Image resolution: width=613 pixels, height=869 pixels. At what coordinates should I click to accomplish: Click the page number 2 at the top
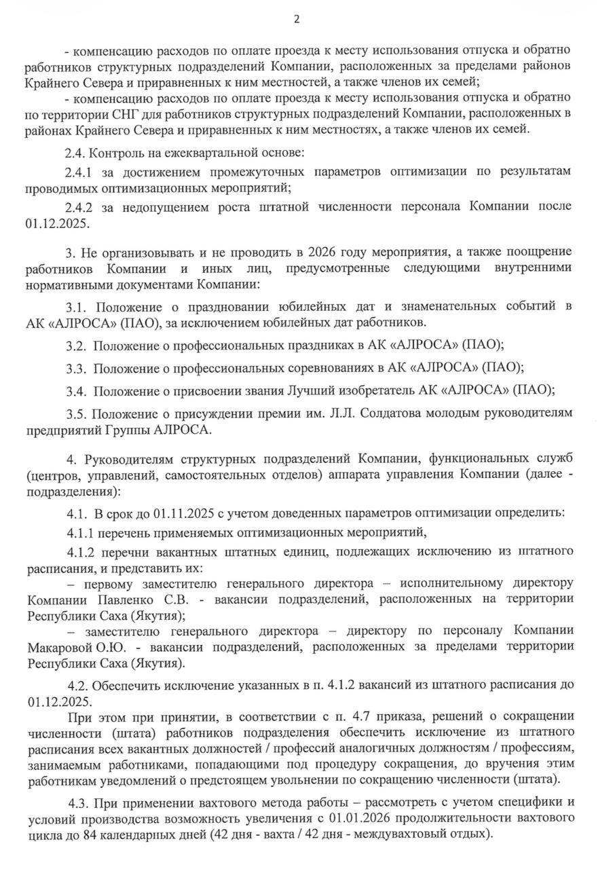tap(297, 19)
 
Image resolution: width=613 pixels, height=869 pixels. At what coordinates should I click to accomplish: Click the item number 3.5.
tap(76, 413)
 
